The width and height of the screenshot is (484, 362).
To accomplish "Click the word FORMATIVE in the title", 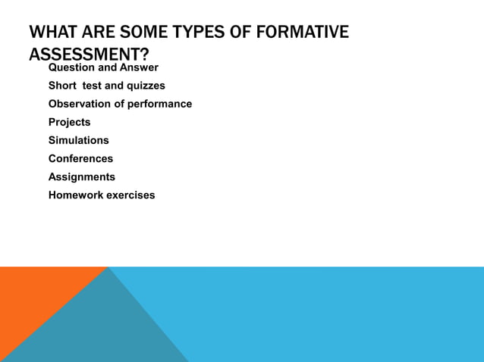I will [303, 33].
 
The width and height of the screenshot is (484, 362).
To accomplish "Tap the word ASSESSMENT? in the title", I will [89, 55].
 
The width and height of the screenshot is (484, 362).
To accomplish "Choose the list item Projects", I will [69, 122].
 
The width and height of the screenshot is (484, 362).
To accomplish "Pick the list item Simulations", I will [78, 140].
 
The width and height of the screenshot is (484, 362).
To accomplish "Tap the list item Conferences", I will [80, 158].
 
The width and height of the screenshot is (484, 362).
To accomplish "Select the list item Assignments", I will [82, 176].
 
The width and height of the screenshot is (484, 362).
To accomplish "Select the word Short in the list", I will [64, 86].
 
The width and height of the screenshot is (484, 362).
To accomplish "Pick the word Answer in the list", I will [140, 67].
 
